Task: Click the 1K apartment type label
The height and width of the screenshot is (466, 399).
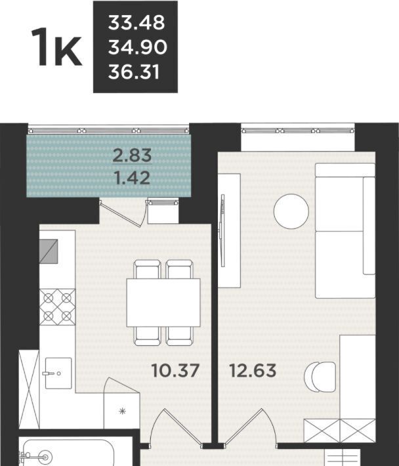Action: coord(56,47)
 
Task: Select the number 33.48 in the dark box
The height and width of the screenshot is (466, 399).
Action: coord(136,22)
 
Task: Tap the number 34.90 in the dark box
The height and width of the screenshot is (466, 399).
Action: coord(138,47)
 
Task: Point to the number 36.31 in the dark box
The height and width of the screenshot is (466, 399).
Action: coord(134,72)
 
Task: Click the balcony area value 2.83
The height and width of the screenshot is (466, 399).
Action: coord(132,155)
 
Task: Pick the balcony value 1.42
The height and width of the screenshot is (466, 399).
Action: coord(132,178)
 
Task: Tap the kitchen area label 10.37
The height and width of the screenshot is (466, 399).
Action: coord(175,371)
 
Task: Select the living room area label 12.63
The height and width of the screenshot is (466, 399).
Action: coord(253,371)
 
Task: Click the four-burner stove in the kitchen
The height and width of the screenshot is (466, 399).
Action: coord(57,307)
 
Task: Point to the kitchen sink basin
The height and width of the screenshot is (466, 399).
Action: coord(58,373)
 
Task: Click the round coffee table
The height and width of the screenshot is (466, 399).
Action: coord(291,211)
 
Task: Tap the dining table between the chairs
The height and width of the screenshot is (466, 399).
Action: coord(163,303)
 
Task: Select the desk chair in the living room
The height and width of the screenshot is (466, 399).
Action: coord(320,377)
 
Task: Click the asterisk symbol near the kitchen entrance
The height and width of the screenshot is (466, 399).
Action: coord(123,412)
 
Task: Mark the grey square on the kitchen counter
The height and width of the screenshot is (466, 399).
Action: coord(49,251)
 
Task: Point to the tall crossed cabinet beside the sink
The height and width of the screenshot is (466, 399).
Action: coord(29,389)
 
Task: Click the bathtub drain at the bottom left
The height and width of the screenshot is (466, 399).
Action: coord(45,457)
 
